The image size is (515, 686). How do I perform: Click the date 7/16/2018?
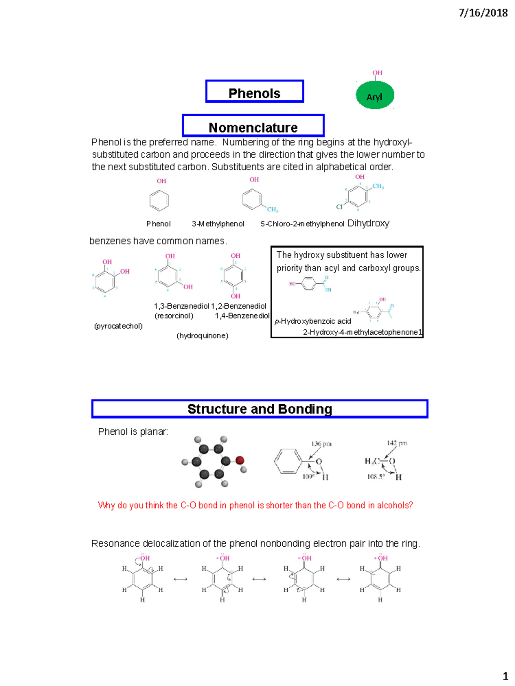[483, 13]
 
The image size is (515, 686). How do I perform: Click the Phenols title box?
[254, 92]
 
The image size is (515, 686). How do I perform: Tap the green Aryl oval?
[375, 96]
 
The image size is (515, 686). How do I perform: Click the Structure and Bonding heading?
[260, 409]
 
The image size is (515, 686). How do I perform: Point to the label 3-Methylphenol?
[218, 224]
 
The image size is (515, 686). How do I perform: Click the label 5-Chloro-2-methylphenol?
[302, 224]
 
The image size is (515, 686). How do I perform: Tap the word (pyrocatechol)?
[118, 326]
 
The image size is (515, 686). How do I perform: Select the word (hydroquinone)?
[202, 336]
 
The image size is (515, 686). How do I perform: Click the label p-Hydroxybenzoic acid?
[313, 322]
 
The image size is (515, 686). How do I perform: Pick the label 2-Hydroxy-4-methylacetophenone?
[360, 332]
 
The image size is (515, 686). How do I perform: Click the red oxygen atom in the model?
[240, 460]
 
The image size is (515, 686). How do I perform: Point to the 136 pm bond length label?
[321, 444]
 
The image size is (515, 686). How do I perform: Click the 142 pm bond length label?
[397, 443]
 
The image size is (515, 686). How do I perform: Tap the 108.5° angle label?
[376, 476]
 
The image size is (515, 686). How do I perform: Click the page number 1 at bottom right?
[505, 677]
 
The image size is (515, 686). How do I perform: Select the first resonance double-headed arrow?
[180, 579]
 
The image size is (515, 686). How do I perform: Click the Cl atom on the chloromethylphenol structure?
[339, 207]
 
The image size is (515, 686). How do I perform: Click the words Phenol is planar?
[133, 432]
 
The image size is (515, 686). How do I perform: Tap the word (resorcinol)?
[174, 316]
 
